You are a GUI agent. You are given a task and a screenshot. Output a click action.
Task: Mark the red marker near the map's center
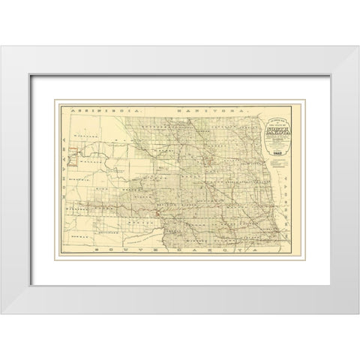(x=156, y=214)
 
